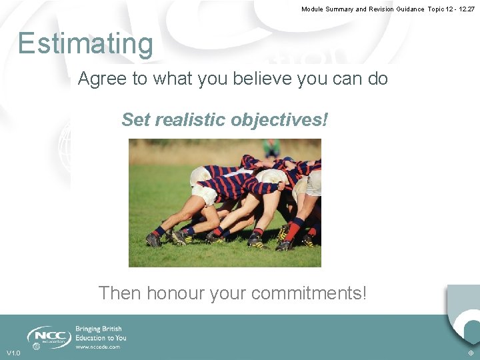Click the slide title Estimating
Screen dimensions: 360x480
pos(85,44)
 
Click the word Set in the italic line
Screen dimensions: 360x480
pos(135,120)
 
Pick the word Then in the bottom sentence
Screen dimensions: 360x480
pos(120,293)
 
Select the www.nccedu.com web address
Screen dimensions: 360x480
pos(98,347)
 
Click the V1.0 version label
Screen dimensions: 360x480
pos(13,353)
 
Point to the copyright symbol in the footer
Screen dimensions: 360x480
pos(471,353)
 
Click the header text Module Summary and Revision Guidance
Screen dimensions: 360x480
pos(363,9)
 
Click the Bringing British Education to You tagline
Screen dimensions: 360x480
pos(101,333)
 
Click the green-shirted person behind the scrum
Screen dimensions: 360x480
pos(271,148)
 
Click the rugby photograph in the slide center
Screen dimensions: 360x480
pos(225,203)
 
